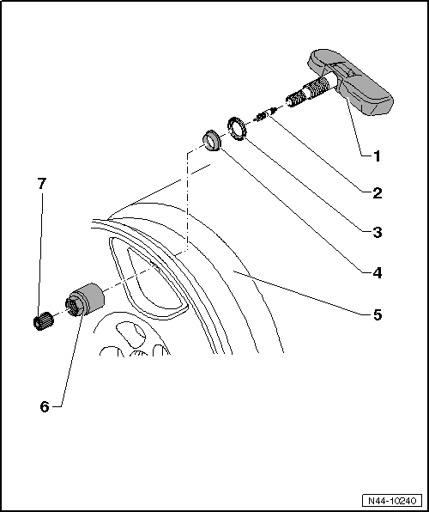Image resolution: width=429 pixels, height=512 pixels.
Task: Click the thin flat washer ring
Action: [x=236, y=127]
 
